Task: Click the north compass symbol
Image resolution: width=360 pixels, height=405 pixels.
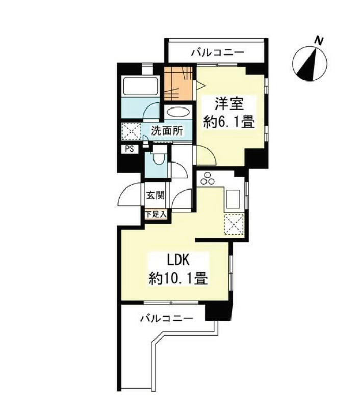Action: pyautogui.click(x=310, y=64)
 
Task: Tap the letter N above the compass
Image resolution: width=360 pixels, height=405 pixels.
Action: pyautogui.click(x=319, y=41)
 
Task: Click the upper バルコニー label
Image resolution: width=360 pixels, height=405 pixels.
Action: pyautogui.click(x=218, y=52)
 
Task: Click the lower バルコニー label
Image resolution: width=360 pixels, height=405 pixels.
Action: pyautogui.click(x=167, y=318)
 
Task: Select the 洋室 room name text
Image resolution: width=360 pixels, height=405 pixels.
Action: pyautogui.click(x=229, y=104)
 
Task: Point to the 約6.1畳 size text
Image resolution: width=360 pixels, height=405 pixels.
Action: pyautogui.click(x=229, y=122)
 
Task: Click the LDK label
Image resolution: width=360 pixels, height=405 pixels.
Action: pyautogui.click(x=178, y=261)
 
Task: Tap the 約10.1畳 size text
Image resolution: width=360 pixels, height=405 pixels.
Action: pyautogui.click(x=178, y=279)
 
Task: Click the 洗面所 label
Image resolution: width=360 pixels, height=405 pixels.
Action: pyautogui.click(x=167, y=131)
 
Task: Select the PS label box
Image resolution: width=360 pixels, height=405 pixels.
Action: pyautogui.click(x=130, y=149)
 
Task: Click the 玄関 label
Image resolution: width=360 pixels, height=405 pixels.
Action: pyautogui.click(x=156, y=195)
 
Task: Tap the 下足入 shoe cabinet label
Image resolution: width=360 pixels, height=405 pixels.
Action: pyautogui.click(x=156, y=214)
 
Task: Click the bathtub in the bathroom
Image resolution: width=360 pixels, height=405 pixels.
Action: pyautogui.click(x=141, y=86)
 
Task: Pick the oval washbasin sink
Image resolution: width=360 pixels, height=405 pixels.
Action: pyautogui.click(x=178, y=113)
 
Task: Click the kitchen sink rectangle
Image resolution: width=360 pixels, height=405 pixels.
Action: pyautogui.click(x=233, y=200)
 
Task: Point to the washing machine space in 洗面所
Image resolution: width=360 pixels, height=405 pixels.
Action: pyautogui.click(x=132, y=131)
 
